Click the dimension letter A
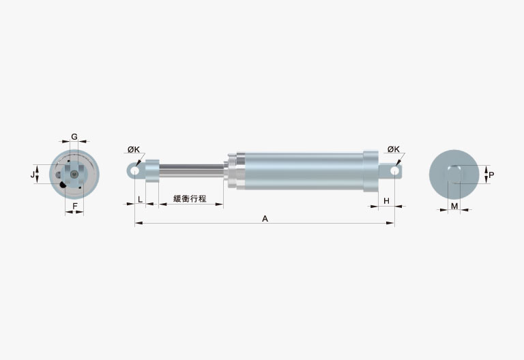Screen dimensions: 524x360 (265, 219)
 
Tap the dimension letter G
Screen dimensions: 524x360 (74, 136)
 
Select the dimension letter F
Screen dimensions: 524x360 (75, 206)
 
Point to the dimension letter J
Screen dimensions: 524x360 (33, 175)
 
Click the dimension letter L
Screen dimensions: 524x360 (141, 200)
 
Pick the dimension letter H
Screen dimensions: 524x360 (386, 200)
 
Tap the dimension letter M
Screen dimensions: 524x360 (454, 206)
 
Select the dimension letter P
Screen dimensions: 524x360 (491, 175)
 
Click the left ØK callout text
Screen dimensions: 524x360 (134, 149)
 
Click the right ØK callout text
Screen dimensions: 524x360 (394, 149)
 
